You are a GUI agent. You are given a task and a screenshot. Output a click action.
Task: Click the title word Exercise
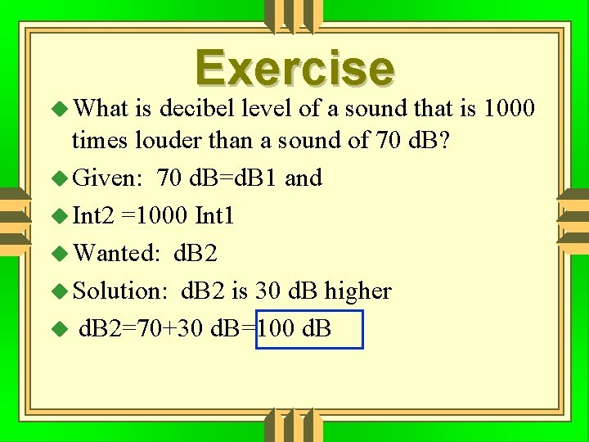point(294,69)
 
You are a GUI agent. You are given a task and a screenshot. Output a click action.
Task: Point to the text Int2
point(94,215)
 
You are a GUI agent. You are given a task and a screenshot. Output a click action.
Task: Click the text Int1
point(214,215)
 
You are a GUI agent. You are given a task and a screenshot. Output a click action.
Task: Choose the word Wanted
point(115,253)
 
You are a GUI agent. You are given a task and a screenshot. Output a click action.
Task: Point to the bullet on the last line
point(56,330)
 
